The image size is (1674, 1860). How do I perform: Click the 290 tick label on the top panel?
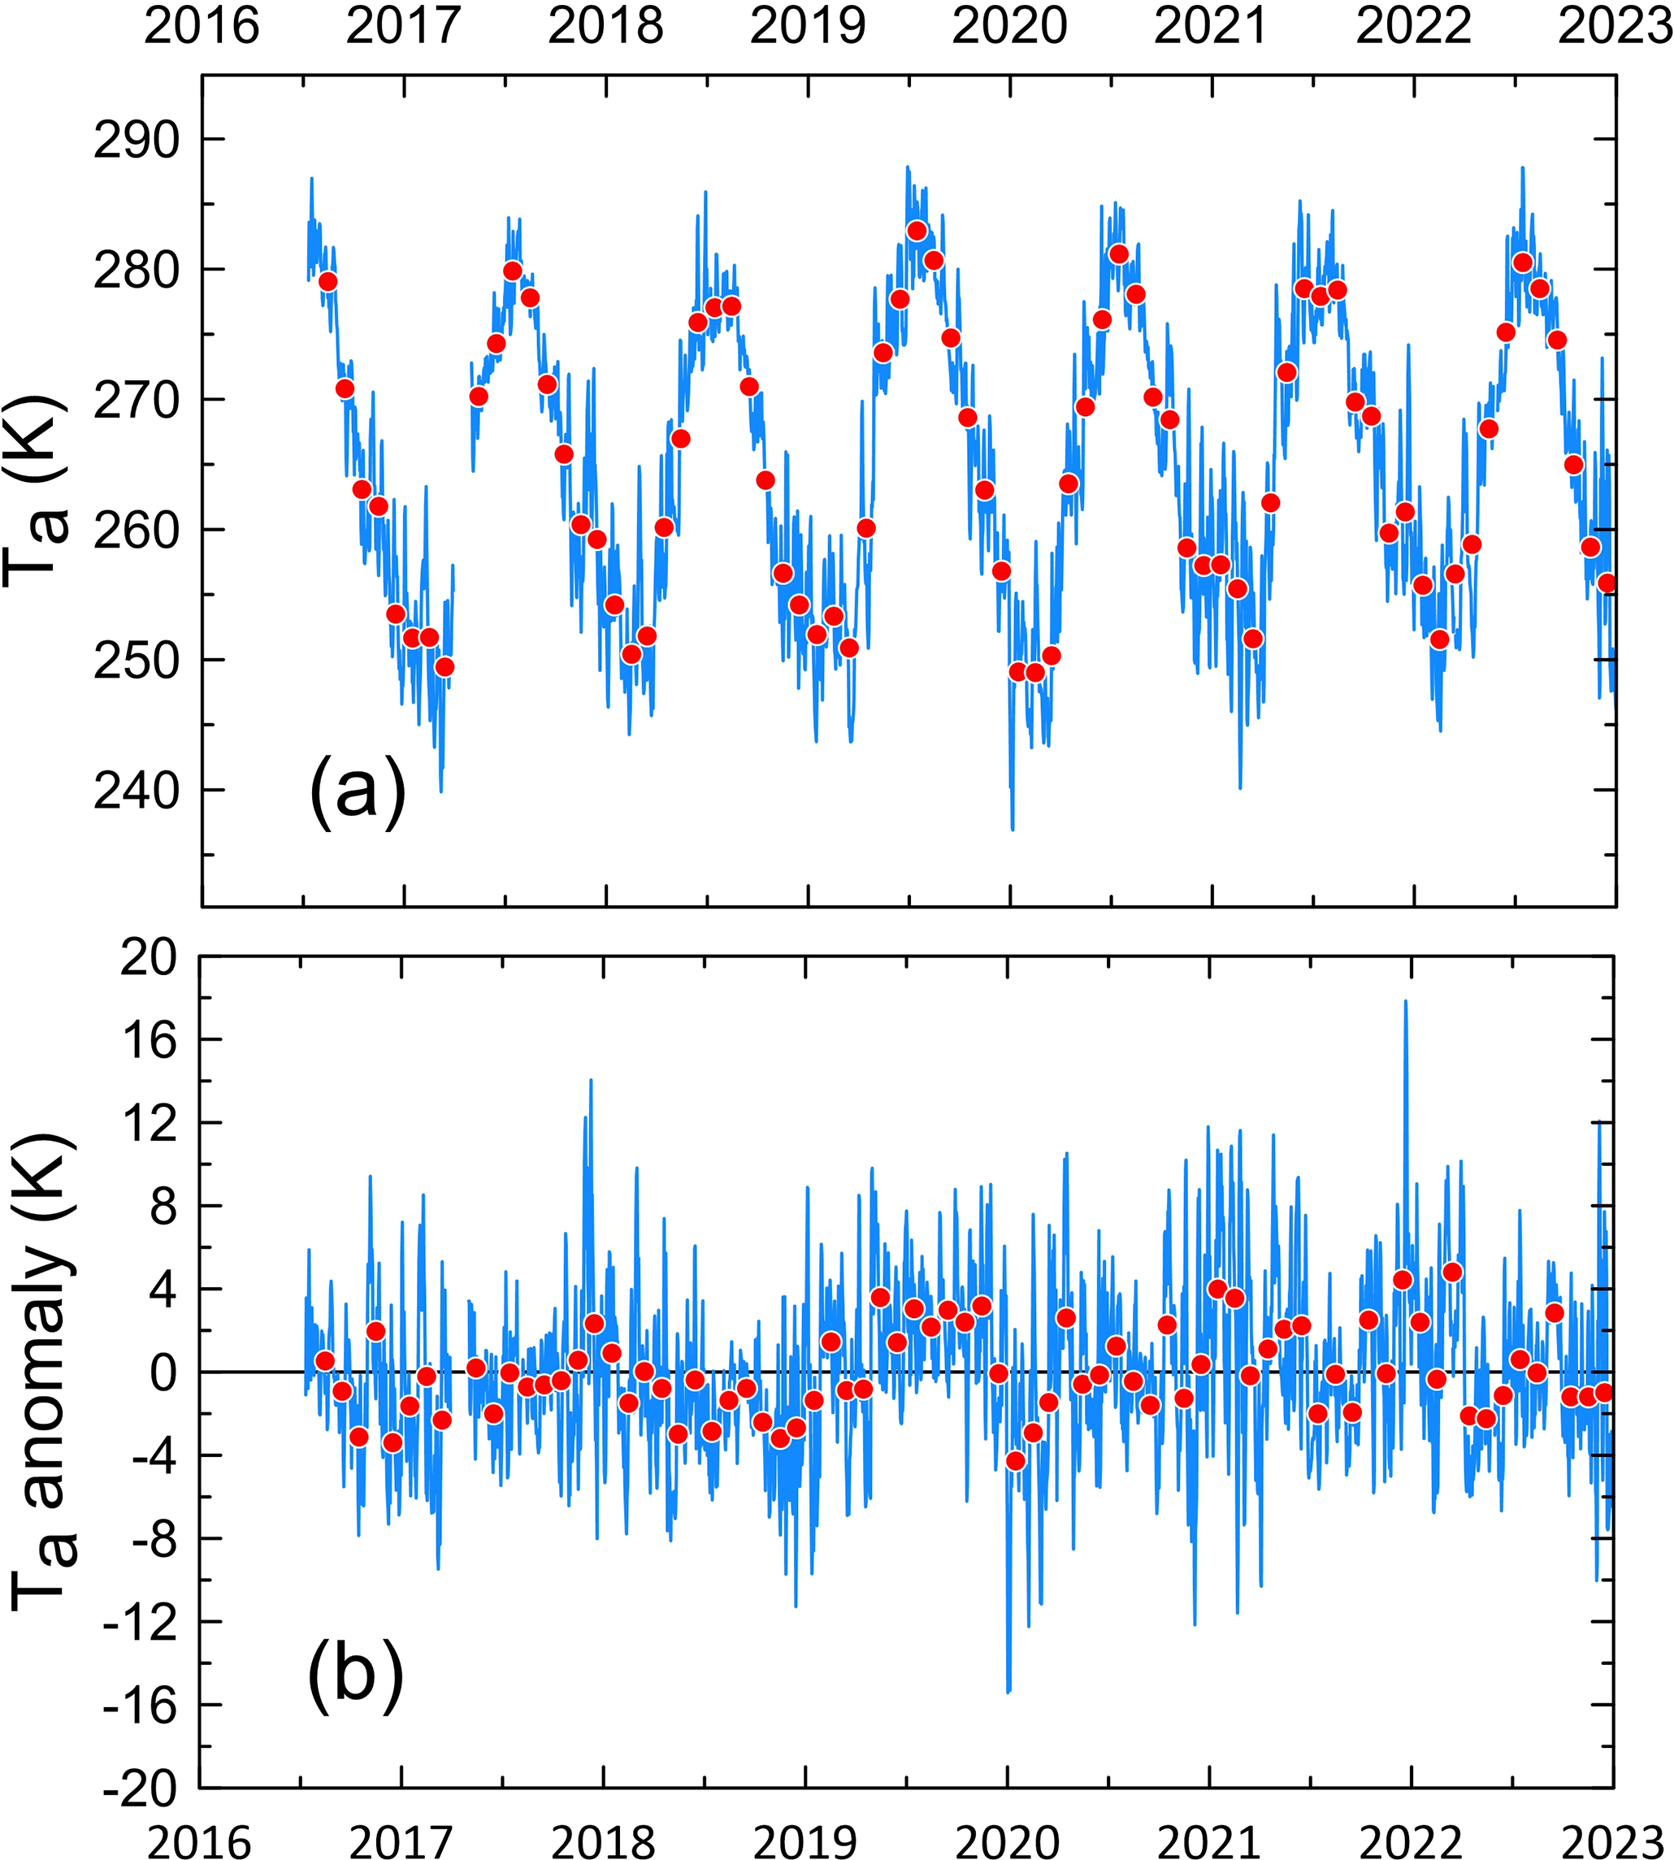pyautogui.click(x=137, y=140)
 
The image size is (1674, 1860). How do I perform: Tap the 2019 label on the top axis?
pyautogui.click(x=808, y=26)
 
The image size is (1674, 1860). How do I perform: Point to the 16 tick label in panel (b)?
pyautogui.click(x=147, y=1039)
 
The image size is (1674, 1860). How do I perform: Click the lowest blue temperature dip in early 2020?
pyautogui.click(x=1013, y=828)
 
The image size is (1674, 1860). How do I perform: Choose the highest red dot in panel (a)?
pyautogui.click(x=916, y=231)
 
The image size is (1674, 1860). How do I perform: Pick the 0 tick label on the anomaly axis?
pyautogui.click(x=162, y=1372)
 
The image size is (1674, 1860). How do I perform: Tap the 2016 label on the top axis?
pyautogui.click(x=202, y=26)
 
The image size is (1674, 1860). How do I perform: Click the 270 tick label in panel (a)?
pyautogui.click(x=137, y=400)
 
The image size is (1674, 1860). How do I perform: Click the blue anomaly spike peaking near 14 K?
pyautogui.click(x=591, y=1082)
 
